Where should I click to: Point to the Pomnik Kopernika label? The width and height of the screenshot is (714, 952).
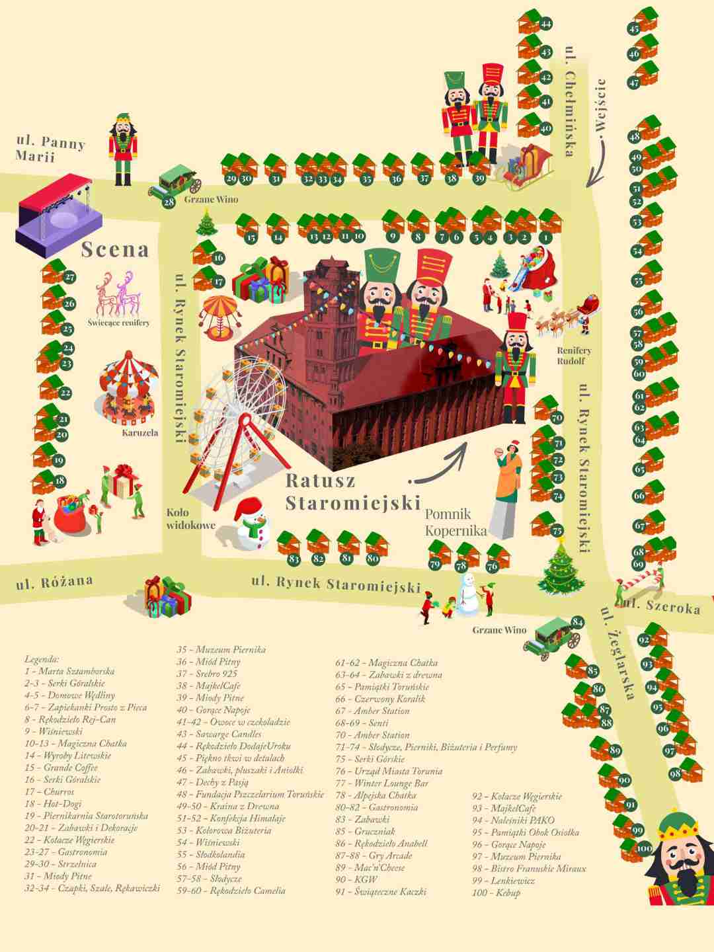pyautogui.click(x=456, y=522)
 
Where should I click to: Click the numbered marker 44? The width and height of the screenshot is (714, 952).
pyautogui.click(x=545, y=24)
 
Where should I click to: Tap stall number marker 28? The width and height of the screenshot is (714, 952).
pyautogui.click(x=169, y=202)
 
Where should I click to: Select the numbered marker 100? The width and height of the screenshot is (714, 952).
pyautogui.click(x=643, y=848)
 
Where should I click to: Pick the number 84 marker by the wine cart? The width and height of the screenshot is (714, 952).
pyautogui.click(x=577, y=621)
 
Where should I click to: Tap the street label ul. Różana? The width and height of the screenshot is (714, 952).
pyautogui.click(x=54, y=583)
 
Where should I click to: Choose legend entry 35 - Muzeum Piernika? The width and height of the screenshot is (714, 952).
pyautogui.click(x=221, y=650)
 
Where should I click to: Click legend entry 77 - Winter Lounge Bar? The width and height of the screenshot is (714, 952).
pyautogui.click(x=381, y=783)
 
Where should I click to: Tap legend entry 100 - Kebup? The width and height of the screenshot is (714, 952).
pyautogui.click(x=496, y=892)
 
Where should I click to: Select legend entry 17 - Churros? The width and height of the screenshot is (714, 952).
pyautogui.click(x=50, y=792)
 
